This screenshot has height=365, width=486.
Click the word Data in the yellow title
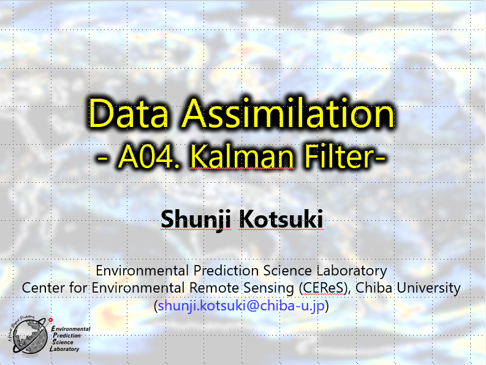(128, 113)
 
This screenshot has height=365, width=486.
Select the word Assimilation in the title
(288, 113)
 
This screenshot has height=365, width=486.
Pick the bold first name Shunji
(196, 220)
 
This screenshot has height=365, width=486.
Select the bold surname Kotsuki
(281, 219)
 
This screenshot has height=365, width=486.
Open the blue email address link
(241, 306)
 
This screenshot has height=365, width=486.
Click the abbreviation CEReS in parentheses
(323, 288)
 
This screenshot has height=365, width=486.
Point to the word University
(428, 288)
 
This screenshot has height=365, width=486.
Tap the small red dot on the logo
(51, 320)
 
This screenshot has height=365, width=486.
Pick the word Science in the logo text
(63, 342)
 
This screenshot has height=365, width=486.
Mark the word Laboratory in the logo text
(64, 349)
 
